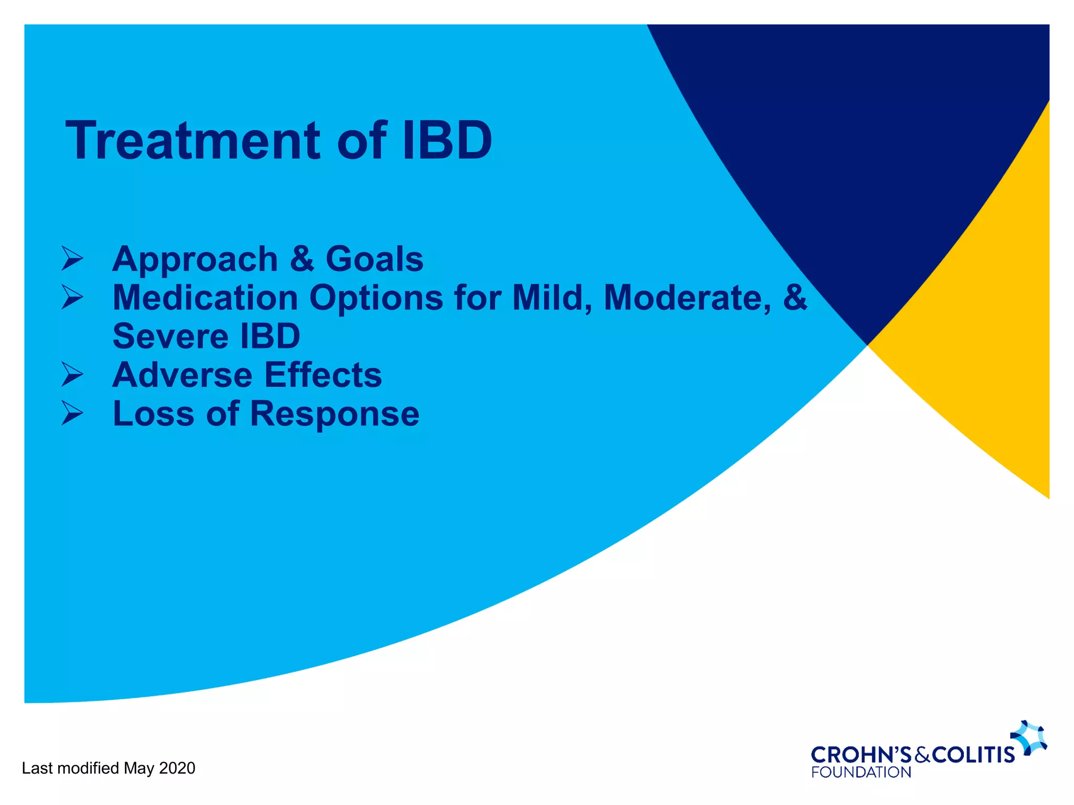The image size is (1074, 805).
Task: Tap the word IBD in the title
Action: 446,140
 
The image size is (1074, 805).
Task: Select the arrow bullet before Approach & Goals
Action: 72,258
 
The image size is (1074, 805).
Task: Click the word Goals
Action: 374,259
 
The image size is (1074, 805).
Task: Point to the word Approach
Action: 195,260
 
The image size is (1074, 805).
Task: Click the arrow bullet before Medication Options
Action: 72,297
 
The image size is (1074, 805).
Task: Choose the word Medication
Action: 205,297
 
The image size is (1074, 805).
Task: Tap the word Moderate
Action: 688,298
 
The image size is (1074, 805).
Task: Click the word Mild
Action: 549,298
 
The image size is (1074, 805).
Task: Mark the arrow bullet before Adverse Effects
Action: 72,374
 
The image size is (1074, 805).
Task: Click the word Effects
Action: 323,375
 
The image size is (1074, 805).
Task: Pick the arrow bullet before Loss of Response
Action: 72,413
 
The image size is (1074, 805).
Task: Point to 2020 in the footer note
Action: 177,768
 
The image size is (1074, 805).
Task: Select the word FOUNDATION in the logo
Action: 861,773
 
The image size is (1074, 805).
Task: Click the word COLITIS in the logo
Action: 973,755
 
